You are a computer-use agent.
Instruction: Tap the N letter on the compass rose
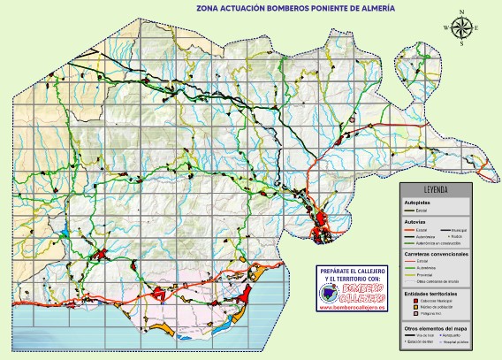462,14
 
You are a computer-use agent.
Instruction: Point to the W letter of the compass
449,28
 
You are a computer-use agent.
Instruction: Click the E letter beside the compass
476,28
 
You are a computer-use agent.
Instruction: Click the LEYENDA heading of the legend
436,190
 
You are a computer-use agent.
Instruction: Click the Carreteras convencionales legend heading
436,254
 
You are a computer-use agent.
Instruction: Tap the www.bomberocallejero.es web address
352,308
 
